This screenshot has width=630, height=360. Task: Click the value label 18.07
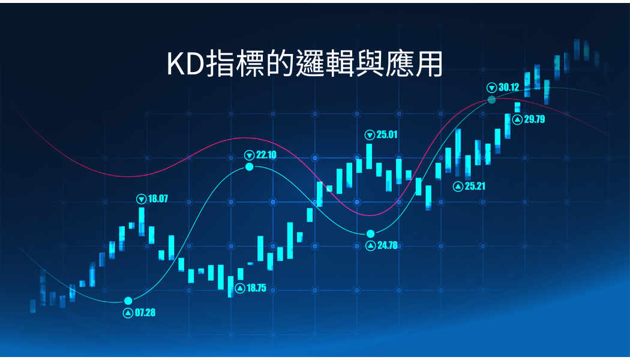click(158, 199)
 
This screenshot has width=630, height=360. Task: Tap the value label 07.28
click(145, 313)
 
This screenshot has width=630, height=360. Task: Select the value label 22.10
click(266, 155)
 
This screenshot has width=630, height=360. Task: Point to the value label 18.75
click(256, 288)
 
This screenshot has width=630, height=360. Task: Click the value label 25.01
click(387, 134)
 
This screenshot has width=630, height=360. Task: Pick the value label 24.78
click(388, 245)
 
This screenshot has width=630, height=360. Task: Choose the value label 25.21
click(475, 187)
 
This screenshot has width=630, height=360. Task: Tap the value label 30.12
click(509, 87)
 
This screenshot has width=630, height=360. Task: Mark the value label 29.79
click(535, 119)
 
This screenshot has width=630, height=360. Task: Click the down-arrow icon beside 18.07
click(142, 199)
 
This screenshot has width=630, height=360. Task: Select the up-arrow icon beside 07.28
click(128, 313)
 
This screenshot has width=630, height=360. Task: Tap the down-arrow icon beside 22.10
click(250, 155)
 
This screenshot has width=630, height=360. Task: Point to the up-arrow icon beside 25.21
click(458, 187)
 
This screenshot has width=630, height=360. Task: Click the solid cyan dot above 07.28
click(128, 301)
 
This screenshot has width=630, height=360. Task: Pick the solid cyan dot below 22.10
click(250, 167)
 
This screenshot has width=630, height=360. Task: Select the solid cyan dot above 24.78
click(370, 234)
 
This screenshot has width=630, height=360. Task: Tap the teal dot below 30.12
click(492, 100)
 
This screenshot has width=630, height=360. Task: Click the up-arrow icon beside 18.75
click(240, 288)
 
